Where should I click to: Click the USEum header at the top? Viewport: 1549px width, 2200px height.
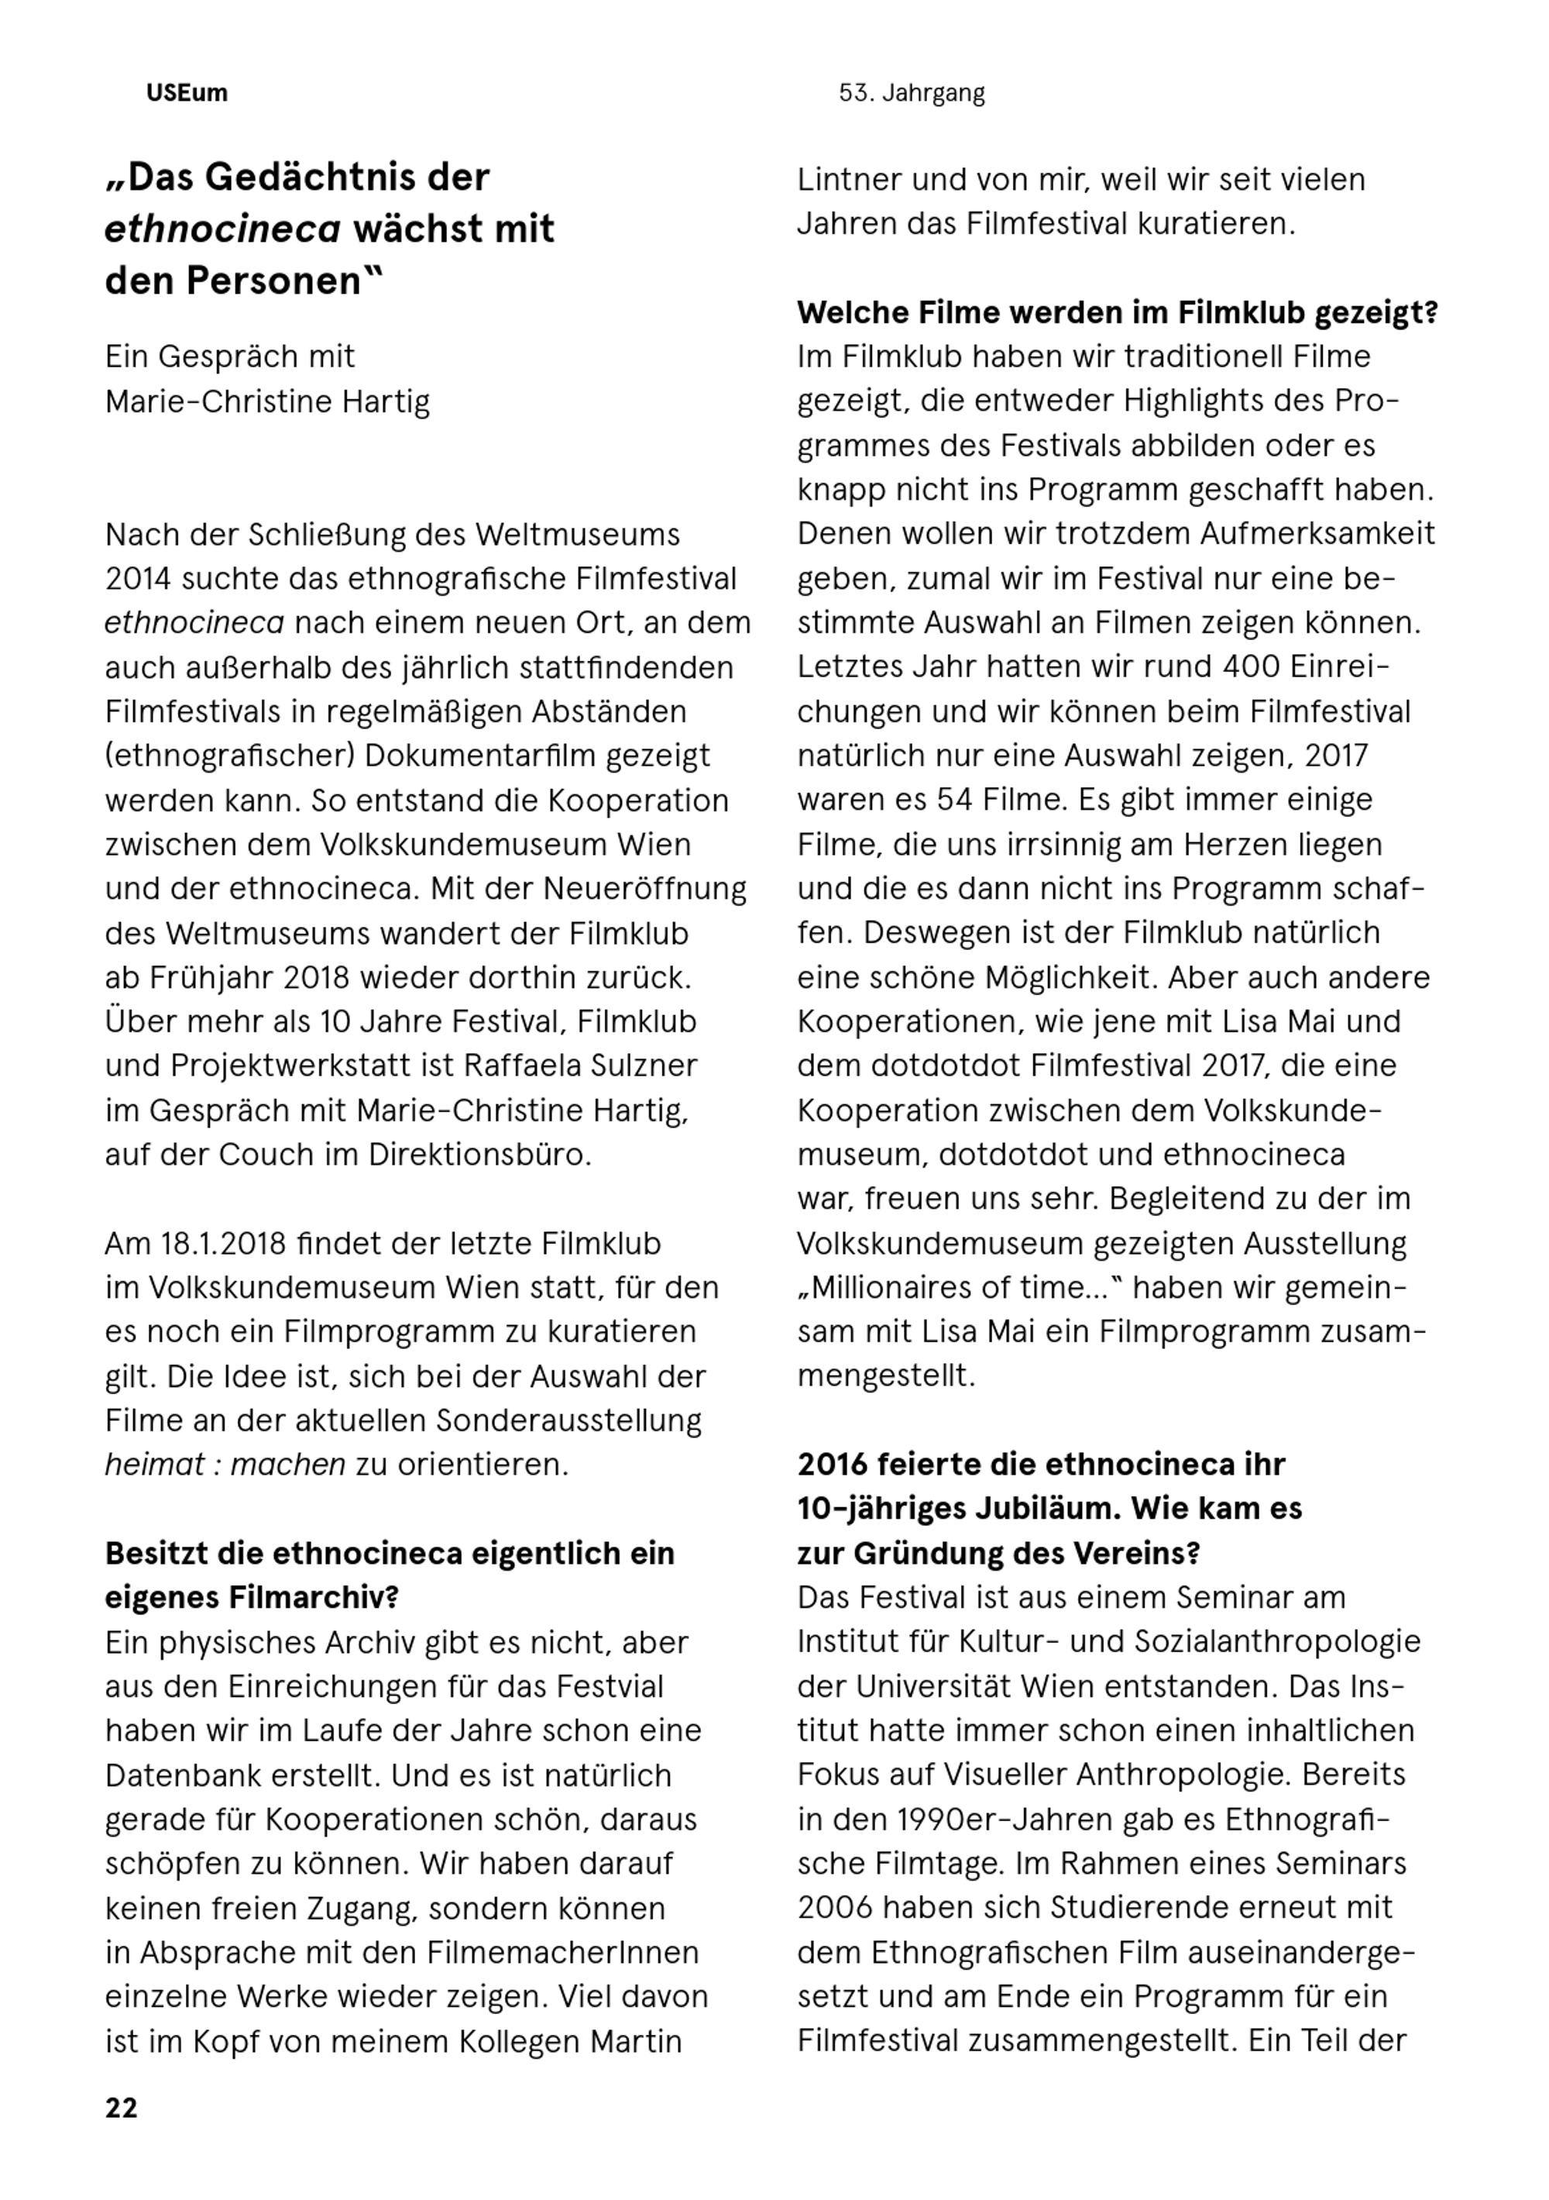coord(187,93)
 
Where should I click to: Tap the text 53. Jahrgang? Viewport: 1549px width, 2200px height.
coord(911,93)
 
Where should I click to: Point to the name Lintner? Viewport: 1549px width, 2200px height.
coord(848,179)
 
